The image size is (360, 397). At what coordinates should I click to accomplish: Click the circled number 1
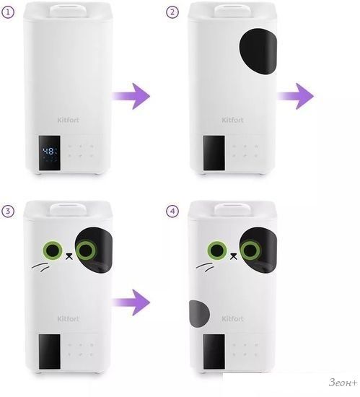8,12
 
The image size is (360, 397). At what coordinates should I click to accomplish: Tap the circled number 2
172,12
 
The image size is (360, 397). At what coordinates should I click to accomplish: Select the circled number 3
8,211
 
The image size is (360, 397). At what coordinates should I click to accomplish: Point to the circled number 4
172,211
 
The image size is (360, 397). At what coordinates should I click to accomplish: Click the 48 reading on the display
48,152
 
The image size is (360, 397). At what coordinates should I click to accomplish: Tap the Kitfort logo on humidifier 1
68,120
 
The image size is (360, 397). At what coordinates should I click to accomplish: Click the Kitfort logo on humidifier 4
232,318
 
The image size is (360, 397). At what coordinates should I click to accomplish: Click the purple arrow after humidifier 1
131,96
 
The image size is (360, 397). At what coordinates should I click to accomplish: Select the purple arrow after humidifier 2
295,96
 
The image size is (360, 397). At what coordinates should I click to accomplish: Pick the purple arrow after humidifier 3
131,302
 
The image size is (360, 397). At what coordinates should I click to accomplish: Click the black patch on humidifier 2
258,51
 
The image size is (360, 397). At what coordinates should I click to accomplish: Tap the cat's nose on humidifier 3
69,256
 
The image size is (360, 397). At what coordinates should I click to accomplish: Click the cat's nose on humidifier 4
234,256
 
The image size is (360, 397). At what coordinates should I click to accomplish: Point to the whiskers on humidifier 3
40,267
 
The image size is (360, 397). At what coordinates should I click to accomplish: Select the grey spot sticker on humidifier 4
199,313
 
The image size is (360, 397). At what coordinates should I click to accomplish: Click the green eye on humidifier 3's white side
53,250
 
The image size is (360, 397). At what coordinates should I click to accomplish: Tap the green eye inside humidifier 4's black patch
250,250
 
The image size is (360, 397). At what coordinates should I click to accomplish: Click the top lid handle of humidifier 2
232,11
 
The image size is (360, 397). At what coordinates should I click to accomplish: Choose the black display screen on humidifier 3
50,352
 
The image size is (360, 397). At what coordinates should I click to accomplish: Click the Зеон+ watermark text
343,382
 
